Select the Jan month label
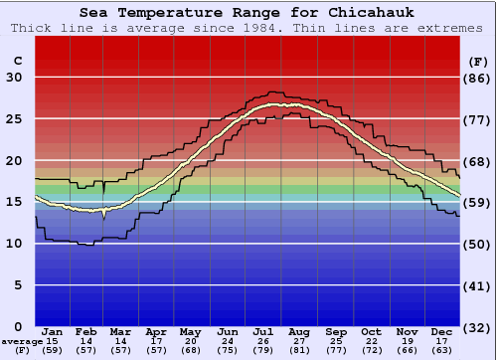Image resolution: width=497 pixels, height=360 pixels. point(53,331)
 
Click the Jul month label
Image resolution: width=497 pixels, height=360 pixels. point(263,331)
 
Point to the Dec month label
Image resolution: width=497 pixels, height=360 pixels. point(442,331)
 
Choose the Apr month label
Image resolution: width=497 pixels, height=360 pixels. point(156,331)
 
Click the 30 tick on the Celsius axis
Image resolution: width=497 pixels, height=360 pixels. point(14,78)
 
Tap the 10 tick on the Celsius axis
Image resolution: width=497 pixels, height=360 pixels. point(14,244)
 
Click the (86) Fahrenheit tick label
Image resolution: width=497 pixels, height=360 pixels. point(479,78)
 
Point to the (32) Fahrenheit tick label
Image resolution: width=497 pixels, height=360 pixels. point(479,326)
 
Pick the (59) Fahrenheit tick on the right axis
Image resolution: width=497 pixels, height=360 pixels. point(479,202)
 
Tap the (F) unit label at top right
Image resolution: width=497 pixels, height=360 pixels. point(478,61)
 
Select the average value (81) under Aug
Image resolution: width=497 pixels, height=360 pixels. point(298,350)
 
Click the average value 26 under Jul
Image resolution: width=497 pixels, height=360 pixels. point(263,341)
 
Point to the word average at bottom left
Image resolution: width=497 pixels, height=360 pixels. point(21,341)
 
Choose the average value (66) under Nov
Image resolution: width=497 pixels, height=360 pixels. point(407,350)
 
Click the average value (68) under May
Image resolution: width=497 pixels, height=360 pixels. point(191,350)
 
